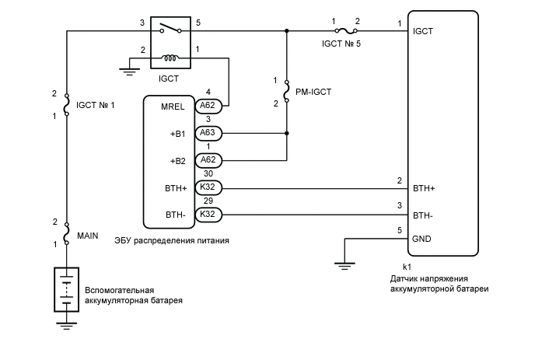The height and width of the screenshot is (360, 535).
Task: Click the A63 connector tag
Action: point(208,133)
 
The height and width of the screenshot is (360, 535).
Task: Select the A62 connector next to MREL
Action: point(208,107)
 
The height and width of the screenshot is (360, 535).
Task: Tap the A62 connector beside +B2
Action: point(208,159)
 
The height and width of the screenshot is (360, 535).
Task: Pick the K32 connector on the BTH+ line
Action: point(208,187)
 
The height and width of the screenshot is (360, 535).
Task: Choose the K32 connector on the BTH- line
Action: point(208,214)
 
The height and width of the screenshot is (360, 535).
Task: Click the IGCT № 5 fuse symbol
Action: point(345,32)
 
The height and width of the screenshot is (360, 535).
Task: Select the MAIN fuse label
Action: point(88,233)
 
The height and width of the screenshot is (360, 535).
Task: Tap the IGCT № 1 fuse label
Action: point(95,104)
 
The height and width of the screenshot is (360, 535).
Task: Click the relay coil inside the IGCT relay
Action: point(170,58)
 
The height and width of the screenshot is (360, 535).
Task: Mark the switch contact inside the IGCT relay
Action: point(170,30)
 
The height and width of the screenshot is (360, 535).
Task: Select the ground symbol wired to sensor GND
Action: point(342,264)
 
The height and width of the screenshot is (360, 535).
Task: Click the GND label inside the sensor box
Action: point(422,239)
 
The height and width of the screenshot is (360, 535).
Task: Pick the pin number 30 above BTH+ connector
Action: point(208,173)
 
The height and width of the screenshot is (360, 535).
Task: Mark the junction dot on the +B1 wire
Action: point(287,133)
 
